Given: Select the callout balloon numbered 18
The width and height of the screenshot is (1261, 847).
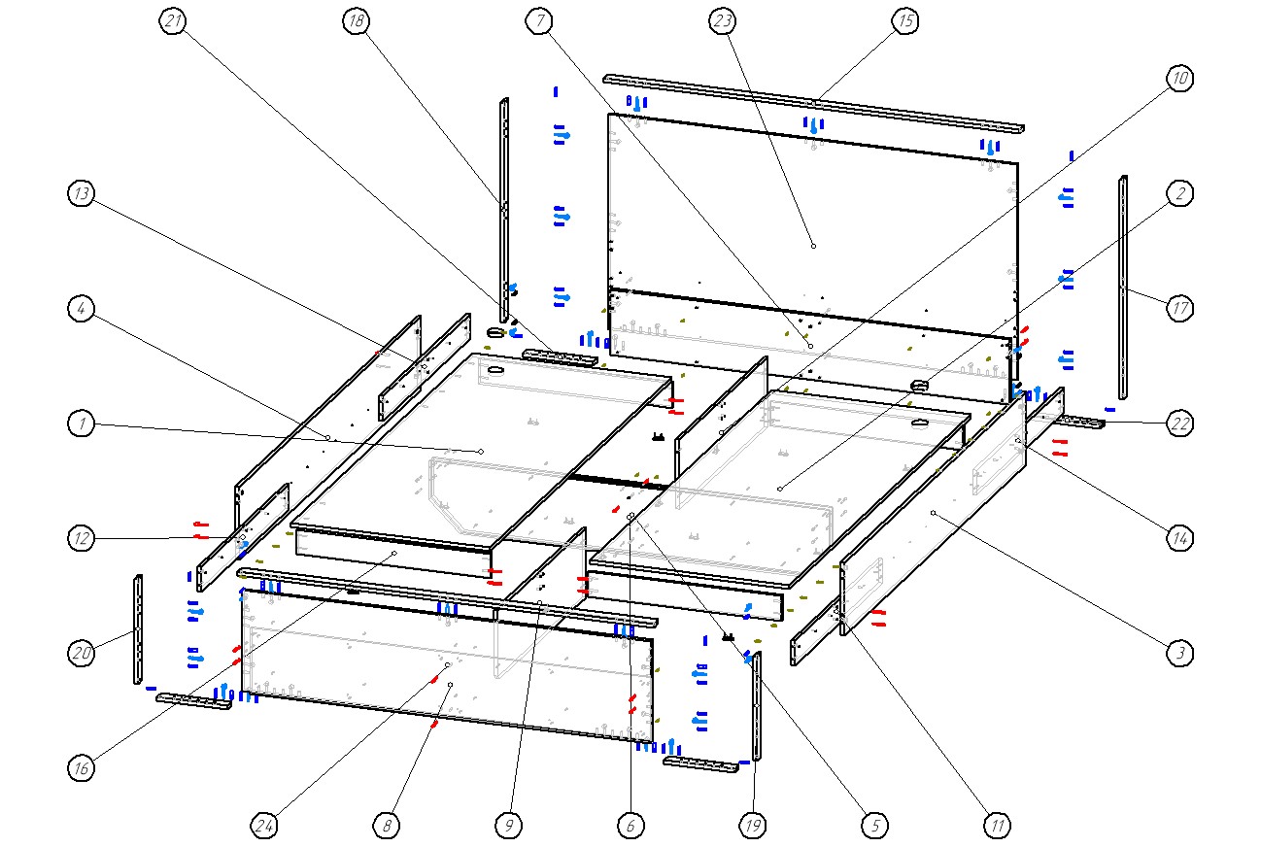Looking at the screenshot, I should tap(356, 21).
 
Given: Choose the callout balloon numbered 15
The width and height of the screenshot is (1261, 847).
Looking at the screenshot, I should tap(905, 21).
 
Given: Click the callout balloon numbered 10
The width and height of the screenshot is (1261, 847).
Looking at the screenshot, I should tap(1179, 80).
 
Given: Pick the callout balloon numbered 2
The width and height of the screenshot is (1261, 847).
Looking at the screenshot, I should tap(1179, 194).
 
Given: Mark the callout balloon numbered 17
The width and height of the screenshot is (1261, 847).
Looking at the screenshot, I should tap(1179, 309).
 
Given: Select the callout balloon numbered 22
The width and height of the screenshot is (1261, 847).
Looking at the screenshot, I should tap(1179, 423).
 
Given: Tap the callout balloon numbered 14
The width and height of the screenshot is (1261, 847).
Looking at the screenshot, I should tap(1179, 537).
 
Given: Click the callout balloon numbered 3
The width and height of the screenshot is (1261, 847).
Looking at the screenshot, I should tap(1179, 653).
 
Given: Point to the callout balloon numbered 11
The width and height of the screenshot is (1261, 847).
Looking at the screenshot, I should tap(997, 826).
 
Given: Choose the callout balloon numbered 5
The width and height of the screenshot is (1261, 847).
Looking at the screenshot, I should tap(874, 826).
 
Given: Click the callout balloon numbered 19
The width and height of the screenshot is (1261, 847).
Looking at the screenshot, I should tap(752, 826).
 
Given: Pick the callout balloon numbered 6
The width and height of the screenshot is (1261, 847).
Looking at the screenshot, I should tap(630, 826).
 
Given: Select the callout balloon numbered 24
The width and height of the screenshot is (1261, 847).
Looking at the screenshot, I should tap(263, 826).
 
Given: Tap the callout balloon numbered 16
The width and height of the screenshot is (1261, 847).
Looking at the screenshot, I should tap(82, 768).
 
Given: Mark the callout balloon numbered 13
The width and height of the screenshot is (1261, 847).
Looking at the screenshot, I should tap(82, 194).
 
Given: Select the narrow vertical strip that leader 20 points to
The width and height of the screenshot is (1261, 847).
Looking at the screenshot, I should tap(138, 629).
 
